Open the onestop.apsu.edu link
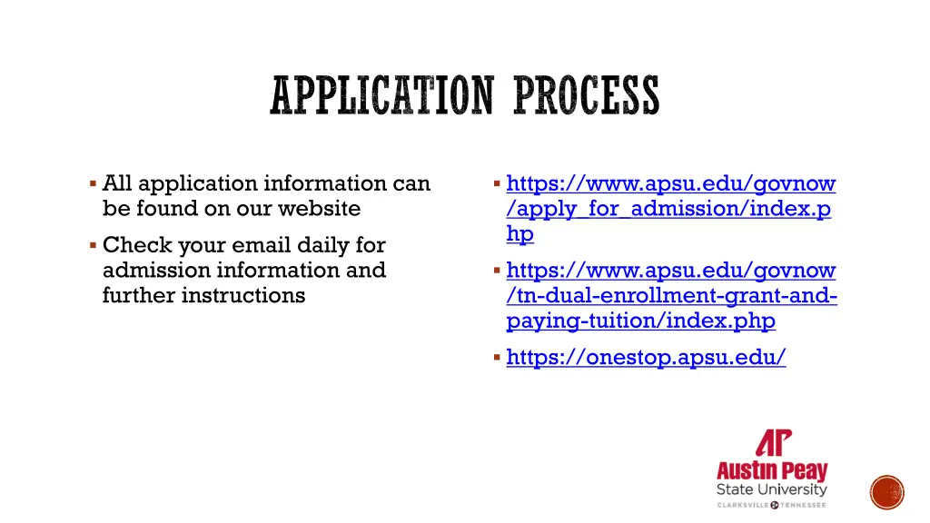(646, 358)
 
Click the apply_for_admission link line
(668, 209)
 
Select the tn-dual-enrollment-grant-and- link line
(671, 296)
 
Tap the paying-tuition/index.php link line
(640, 321)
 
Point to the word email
(264, 245)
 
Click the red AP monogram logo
(773, 444)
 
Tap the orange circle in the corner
(887, 493)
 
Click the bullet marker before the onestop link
(497, 358)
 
